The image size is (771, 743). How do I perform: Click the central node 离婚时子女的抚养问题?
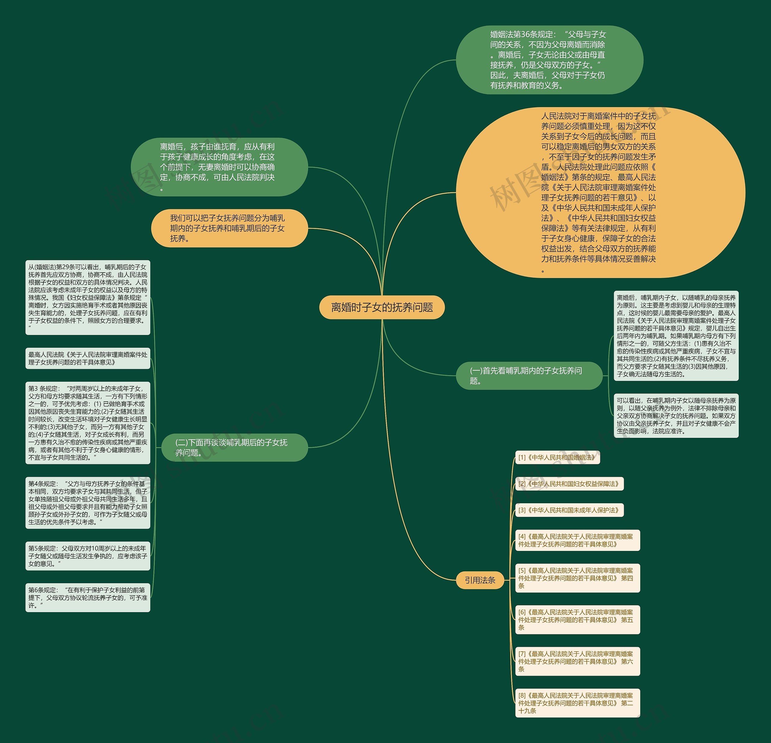pyautogui.click(x=382, y=307)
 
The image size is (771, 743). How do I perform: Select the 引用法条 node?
pyautogui.click(x=479, y=580)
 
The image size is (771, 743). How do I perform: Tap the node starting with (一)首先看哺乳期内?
pyautogui.click(x=529, y=376)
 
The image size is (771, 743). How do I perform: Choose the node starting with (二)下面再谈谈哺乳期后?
pyautogui.click(x=234, y=447)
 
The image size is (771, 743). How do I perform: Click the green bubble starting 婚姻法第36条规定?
pyautogui.click(x=549, y=60)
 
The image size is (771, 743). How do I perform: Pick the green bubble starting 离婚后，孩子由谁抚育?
pyautogui.click(x=219, y=167)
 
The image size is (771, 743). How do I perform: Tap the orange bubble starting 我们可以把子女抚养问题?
pyautogui.click(x=229, y=228)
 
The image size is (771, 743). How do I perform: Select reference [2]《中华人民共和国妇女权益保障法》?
pyautogui.click(x=569, y=484)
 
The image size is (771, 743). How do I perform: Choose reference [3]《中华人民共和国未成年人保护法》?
pyautogui.click(x=569, y=510)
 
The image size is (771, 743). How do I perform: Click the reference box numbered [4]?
pyautogui.click(x=577, y=540)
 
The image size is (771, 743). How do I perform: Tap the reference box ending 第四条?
pyautogui.click(x=577, y=578)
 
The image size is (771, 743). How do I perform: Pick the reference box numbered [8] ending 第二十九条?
pyautogui.click(x=577, y=703)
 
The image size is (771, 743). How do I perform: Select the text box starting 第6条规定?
pyautogui.click(x=88, y=598)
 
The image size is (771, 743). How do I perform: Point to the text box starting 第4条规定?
pyautogui.click(x=88, y=503)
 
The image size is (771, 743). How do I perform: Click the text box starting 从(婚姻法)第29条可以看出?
pyautogui.click(x=88, y=297)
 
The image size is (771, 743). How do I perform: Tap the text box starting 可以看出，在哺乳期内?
pyautogui.click(x=676, y=416)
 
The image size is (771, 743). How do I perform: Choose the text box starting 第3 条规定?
pyautogui.click(x=88, y=423)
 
